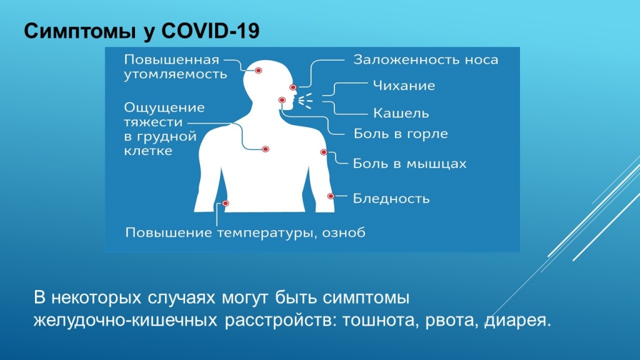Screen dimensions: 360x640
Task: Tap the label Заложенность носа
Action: (x=426, y=60)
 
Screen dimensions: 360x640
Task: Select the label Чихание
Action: (x=404, y=86)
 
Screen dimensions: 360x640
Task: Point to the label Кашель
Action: (x=401, y=114)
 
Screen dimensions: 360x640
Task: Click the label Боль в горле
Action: (x=401, y=134)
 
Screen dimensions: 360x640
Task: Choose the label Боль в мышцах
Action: (x=409, y=164)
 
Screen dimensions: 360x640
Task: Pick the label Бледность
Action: (x=391, y=199)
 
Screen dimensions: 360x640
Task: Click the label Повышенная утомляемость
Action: (x=174, y=67)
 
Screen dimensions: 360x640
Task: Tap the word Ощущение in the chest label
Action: (x=164, y=107)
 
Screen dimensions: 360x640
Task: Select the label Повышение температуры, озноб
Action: (x=246, y=233)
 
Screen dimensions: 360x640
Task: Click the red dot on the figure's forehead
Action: (x=259, y=71)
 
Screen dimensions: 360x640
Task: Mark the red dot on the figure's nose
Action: (x=292, y=87)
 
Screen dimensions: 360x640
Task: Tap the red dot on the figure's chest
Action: (x=266, y=149)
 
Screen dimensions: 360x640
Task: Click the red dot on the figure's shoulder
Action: (x=324, y=152)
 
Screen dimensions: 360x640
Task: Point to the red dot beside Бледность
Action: (x=331, y=196)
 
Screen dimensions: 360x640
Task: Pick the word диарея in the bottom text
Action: (x=522, y=321)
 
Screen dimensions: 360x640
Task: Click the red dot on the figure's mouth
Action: (x=282, y=100)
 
